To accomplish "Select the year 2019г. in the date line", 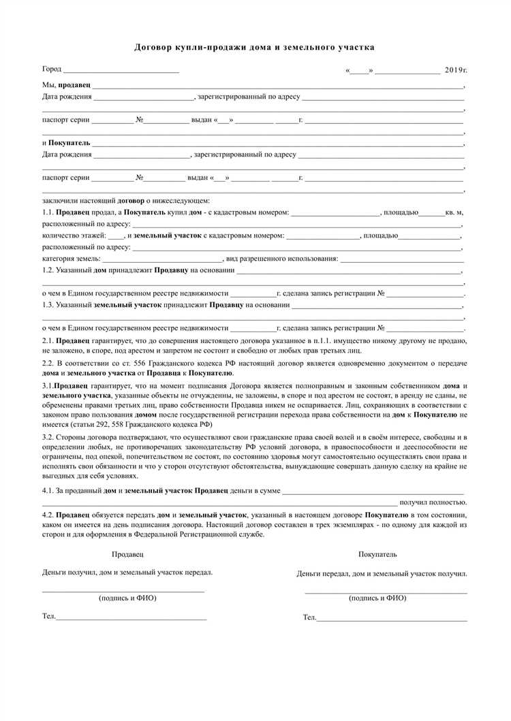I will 456,70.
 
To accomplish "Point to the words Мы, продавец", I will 66,85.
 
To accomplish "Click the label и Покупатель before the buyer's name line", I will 65,143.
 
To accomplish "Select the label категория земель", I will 72,259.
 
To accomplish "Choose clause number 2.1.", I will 48,339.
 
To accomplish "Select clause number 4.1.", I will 48,490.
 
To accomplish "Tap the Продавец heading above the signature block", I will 127,554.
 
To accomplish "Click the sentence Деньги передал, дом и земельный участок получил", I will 382,573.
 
